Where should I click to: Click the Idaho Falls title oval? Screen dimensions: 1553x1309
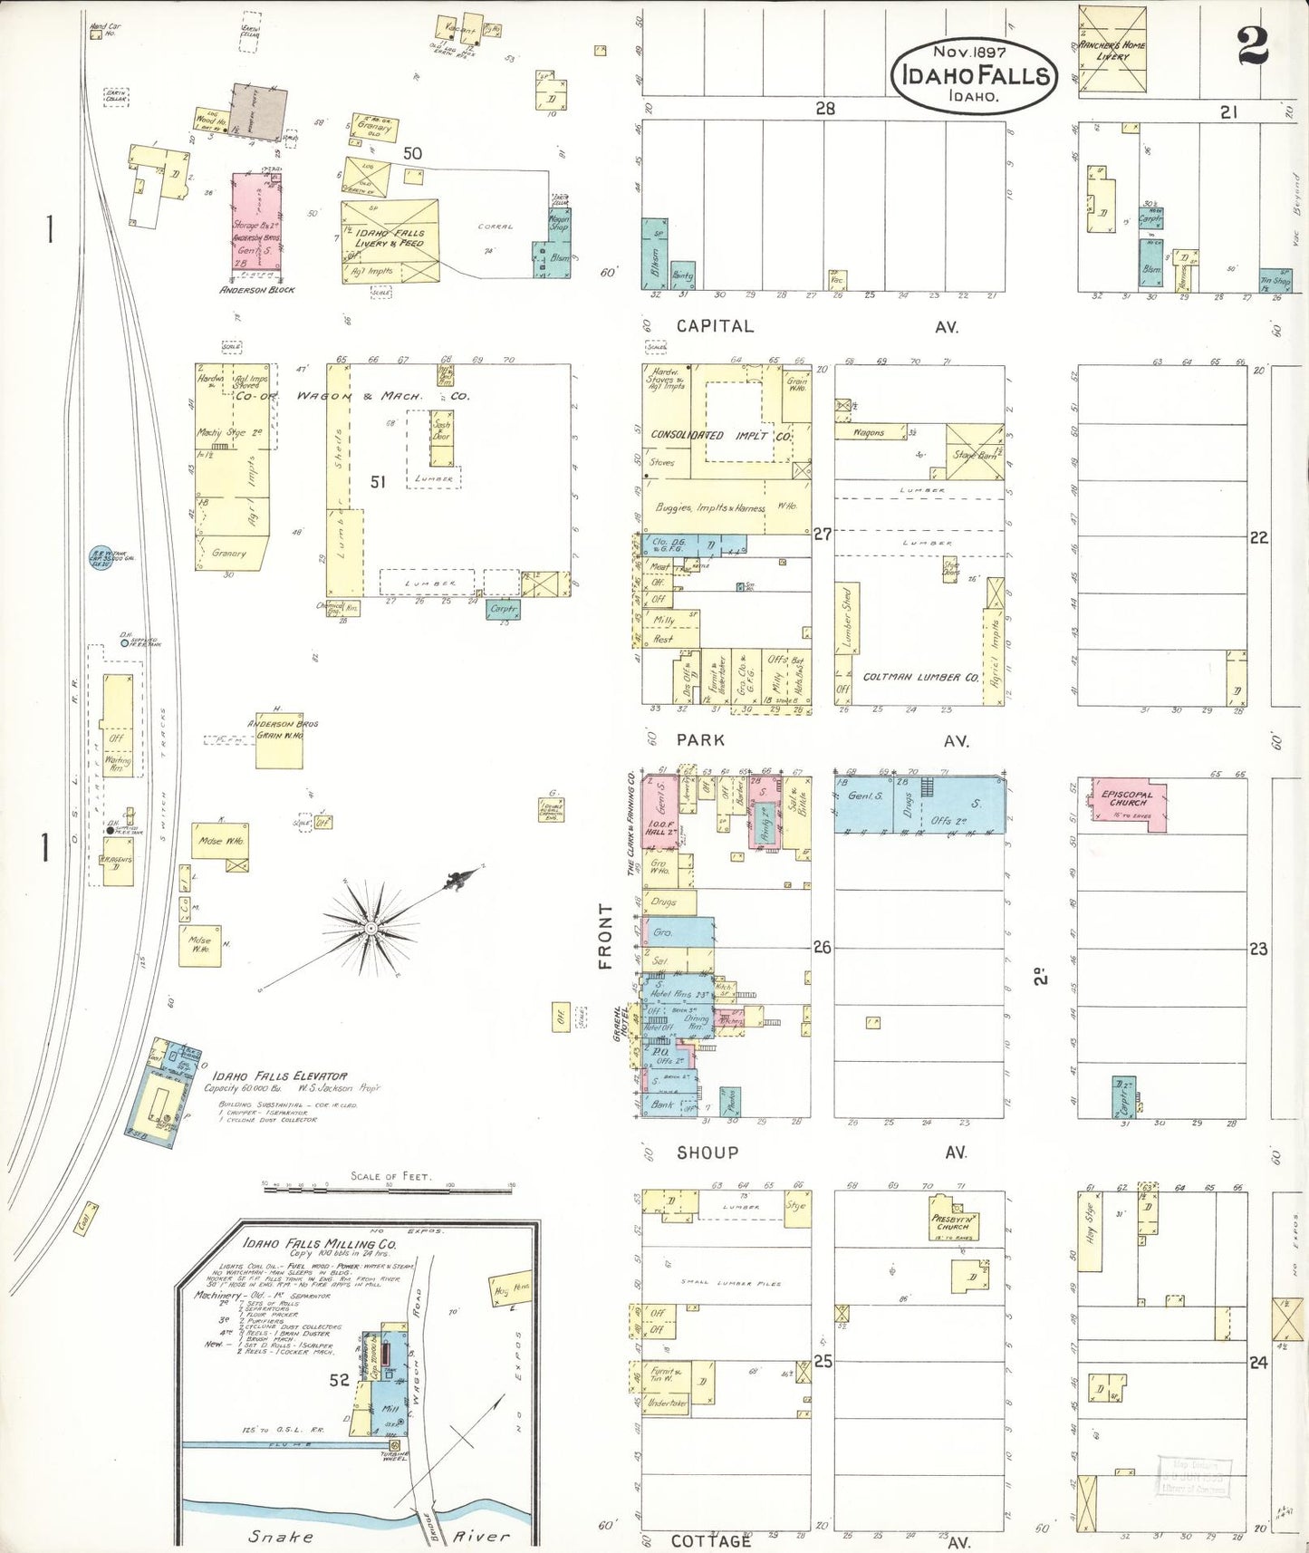point(974,75)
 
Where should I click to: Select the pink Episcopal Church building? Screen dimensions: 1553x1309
point(1128,802)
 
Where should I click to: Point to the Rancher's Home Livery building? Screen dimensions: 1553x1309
point(1112,49)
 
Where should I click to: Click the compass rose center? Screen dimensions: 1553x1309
point(370,929)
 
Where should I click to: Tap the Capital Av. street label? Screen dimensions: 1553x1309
point(716,326)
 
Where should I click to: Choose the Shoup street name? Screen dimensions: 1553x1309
point(707,1153)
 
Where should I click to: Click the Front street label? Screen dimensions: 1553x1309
point(605,936)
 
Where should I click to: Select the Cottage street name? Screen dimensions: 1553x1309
point(711,1540)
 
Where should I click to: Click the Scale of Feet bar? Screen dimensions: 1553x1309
point(390,1185)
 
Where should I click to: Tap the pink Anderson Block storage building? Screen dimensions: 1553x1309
point(256,222)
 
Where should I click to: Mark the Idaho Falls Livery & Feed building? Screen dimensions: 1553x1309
point(390,240)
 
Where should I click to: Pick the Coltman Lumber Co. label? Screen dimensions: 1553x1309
point(920,677)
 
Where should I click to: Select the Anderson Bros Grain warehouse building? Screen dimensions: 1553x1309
point(279,740)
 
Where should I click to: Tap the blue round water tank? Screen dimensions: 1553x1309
point(100,558)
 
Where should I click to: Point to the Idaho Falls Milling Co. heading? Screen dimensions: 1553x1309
point(319,1244)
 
